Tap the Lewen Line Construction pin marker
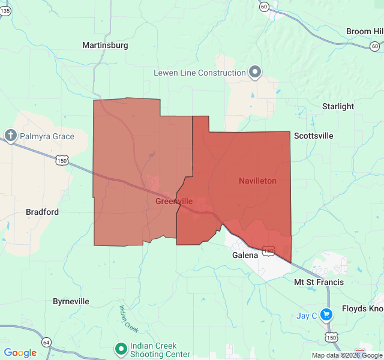255,72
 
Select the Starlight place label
338,106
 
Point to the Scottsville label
313,136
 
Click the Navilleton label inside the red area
257,181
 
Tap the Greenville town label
174,201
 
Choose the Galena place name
245,254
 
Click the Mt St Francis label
319,282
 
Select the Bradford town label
43,212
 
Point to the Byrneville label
71,301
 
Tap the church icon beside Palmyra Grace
10,136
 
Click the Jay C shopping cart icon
326,314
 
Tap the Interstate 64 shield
47,342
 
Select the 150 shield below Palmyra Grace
61,160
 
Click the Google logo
20,353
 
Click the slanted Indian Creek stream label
128,319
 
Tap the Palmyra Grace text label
47,136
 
